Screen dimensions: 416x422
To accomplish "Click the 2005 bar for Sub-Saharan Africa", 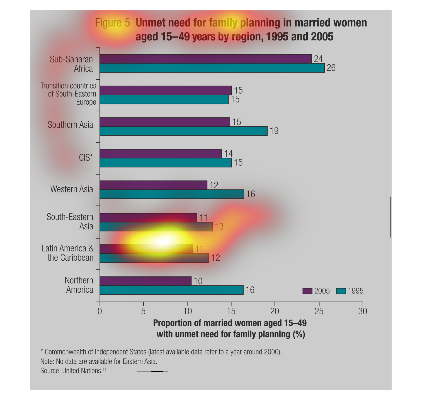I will pos(205,59).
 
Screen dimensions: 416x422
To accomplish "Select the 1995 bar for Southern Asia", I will pos(183,131).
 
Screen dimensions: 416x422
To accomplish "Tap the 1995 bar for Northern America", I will pos(171,290).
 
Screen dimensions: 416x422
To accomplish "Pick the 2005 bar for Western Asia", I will pos(153,185).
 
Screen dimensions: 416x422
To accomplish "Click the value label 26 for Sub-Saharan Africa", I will pos(331,68).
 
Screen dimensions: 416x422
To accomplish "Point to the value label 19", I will pos(274,131).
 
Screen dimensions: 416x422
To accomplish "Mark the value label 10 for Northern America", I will pos(198,281).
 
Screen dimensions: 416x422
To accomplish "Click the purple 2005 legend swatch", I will pos(307,291).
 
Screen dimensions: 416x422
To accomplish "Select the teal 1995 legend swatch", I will pos(341,291).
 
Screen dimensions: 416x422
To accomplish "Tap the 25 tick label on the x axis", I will pos(319,311).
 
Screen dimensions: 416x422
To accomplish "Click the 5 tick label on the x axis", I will pos(143,311).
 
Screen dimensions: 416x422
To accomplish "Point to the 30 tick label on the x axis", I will pos(362,311).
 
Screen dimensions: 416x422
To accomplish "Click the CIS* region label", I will pos(86,158).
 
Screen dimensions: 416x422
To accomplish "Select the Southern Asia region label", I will pos(70,125).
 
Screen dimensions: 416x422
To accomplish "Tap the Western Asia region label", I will pos(72,189).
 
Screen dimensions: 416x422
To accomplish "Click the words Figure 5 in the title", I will pos(112,23).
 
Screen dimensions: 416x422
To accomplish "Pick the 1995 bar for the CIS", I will pos(166,163).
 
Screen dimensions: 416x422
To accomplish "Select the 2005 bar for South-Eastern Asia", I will pos(148,217).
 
